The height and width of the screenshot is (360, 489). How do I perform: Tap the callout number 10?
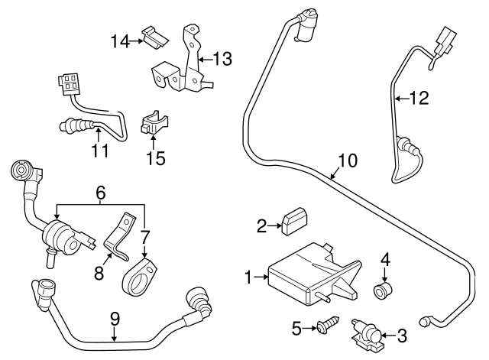click(348, 161)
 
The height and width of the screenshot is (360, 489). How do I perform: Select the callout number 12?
click(419, 98)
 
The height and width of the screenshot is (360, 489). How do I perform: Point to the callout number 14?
click(118, 41)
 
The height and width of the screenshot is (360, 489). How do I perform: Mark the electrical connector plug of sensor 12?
click(443, 41)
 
